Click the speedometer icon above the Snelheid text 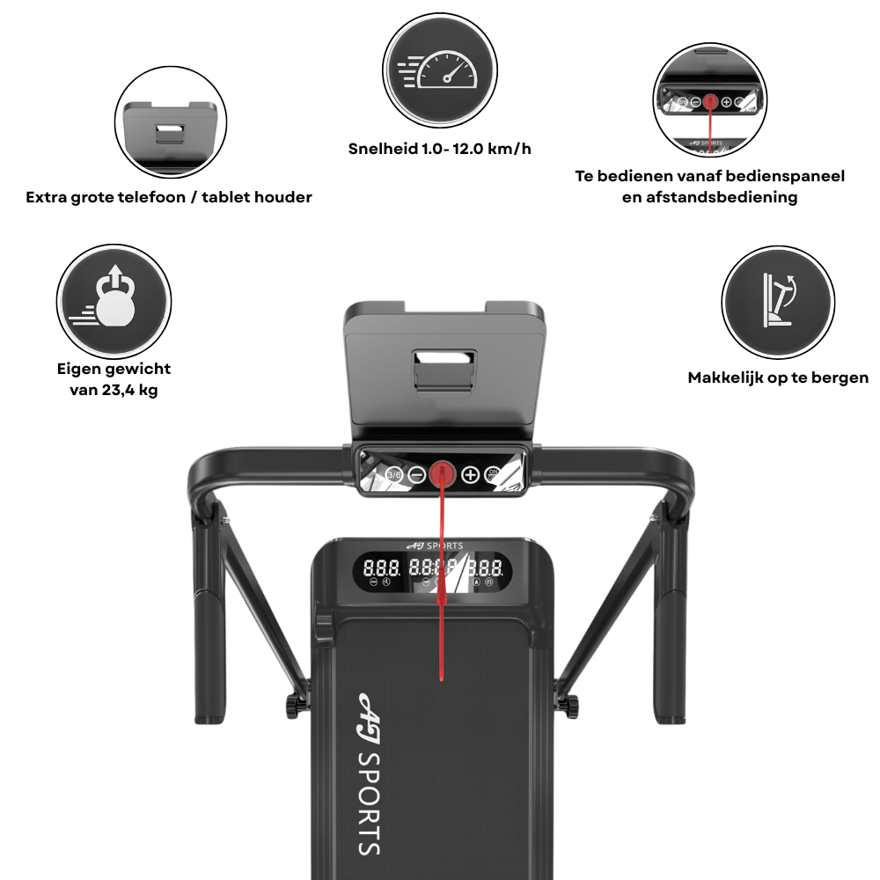[x=439, y=70]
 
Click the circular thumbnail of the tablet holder [x=171, y=122]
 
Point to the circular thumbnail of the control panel [x=710, y=100]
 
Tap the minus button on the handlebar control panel [x=416, y=475]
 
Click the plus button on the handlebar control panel [x=470, y=475]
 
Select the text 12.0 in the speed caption [x=467, y=149]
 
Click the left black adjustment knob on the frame [x=293, y=706]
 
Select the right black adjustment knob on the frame [x=571, y=706]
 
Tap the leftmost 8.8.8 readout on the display [x=382, y=568]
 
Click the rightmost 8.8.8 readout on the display [x=486, y=568]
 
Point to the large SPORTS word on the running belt [x=370, y=803]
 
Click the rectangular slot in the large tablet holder [x=444, y=359]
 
